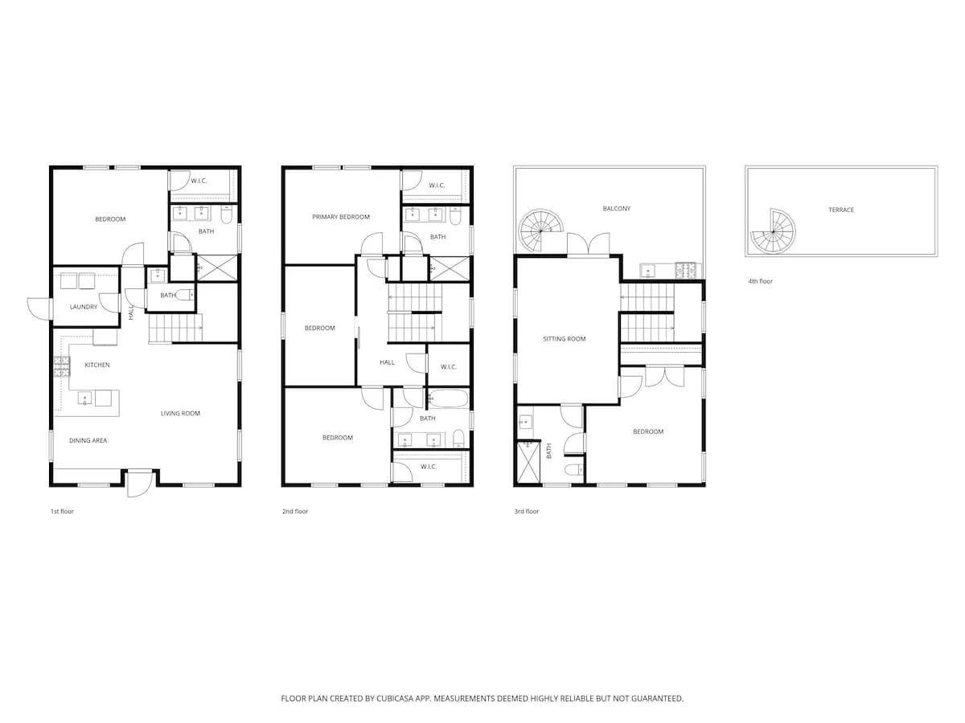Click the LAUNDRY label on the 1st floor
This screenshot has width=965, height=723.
84,307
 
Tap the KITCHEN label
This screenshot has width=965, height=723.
97,365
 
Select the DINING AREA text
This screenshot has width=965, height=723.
88,441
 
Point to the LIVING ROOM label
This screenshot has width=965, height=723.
180,414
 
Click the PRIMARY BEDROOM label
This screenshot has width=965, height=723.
341,217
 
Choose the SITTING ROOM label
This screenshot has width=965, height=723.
564,339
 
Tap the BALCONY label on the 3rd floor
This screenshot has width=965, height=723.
616,209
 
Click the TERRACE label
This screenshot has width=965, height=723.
841,210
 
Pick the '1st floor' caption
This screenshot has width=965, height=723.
62,512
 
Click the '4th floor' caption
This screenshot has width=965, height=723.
760,281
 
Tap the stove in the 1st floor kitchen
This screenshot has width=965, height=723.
62,367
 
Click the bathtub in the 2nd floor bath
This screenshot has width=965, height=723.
449,398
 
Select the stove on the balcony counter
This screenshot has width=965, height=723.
685,270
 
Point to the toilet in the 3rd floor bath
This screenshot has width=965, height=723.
573,470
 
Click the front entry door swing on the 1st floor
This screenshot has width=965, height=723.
140,484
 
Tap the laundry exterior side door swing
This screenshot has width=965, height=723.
40,308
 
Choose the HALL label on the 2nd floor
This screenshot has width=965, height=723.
387,362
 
